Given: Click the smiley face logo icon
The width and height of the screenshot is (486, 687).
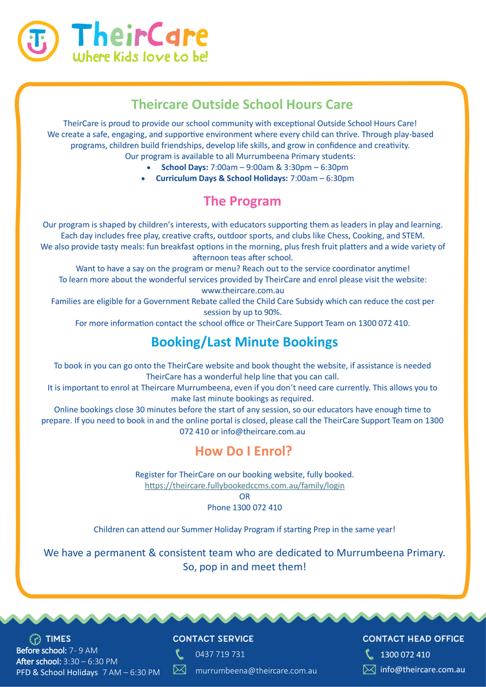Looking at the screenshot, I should tap(38, 41).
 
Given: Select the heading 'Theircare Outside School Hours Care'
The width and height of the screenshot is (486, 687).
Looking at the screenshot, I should tap(242, 104).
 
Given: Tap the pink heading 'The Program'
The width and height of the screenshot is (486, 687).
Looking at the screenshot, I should tap(242, 201).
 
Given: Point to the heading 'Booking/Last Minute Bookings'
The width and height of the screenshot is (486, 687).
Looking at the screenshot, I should tap(244, 342).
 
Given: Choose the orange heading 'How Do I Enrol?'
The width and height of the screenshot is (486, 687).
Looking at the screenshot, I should tap(244, 451).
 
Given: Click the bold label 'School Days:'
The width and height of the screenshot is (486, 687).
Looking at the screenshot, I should tap(185, 167).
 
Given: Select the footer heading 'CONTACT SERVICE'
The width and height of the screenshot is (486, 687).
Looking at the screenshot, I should tap(213, 639).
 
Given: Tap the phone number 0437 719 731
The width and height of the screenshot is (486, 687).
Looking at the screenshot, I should tap(220, 654).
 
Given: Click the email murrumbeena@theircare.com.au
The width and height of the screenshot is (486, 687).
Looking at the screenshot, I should tap(256, 670).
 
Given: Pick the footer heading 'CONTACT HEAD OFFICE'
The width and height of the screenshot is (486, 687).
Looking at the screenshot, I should tap(413, 639).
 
